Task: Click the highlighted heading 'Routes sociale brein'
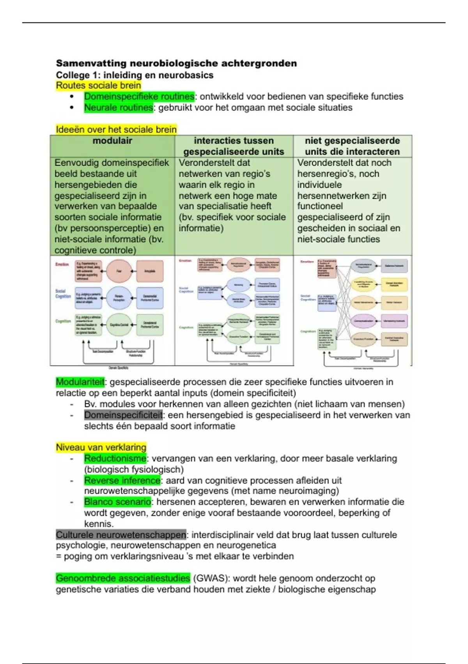click(x=98, y=86)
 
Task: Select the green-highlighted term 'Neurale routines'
click(x=119, y=107)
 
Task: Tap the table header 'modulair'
click(x=112, y=141)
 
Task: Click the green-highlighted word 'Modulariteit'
click(x=80, y=382)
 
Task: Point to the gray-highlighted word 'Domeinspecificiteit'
click(x=123, y=415)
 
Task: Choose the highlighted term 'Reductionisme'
click(x=115, y=459)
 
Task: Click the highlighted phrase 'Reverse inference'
click(x=122, y=480)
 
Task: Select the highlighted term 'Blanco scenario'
click(x=117, y=502)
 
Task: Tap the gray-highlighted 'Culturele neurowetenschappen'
click(x=121, y=535)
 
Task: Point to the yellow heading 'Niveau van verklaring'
click(x=101, y=448)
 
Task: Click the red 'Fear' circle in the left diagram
click(x=119, y=271)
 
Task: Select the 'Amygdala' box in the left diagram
click(x=150, y=271)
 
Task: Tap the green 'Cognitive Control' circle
click(x=119, y=325)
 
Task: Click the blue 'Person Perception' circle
click(x=119, y=298)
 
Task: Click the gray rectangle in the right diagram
click(x=394, y=266)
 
